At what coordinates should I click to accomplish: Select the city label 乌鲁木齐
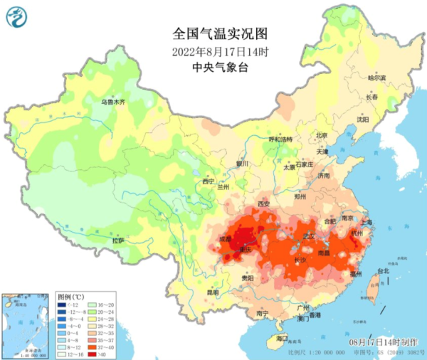pyautogui.click(x=112, y=102)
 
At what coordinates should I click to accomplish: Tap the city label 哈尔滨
pyautogui.click(x=376, y=78)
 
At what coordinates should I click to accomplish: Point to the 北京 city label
pyautogui.click(x=321, y=135)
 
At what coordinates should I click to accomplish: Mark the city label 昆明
pyautogui.click(x=213, y=292)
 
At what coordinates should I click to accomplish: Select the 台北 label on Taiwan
pyautogui.click(x=383, y=271)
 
